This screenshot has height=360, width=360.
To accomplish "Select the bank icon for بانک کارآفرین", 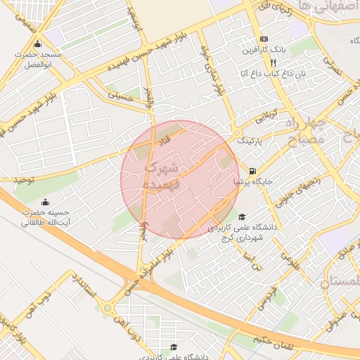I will (x=264, y=39).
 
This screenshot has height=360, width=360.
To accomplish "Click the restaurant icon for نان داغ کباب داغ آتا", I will (x=263, y=62).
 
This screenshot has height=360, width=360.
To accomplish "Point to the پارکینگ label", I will (x=253, y=141).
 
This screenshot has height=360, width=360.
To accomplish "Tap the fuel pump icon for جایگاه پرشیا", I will (x=252, y=170).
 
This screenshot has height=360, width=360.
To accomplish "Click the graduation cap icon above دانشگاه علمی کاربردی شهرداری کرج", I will (x=243, y=217).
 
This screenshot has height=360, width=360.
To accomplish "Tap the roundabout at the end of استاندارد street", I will (x=108, y=308).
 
